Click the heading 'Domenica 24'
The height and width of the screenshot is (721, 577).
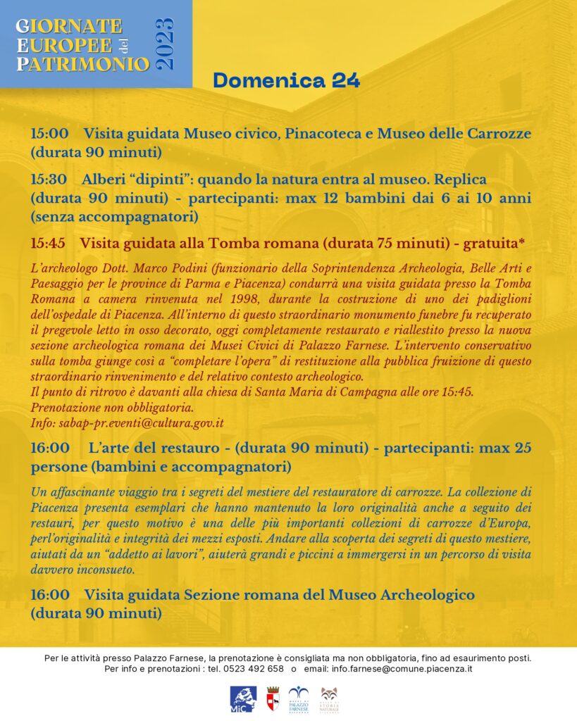pyautogui.click(x=286, y=80)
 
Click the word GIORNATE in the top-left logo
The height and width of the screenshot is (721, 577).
pyautogui.click(x=69, y=27)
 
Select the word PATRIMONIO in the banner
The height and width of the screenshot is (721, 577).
pyautogui.click(x=83, y=64)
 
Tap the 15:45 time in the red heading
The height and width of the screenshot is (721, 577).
pyautogui.click(x=48, y=243)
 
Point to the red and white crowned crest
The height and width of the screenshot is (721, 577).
pyautogui.click(x=272, y=698)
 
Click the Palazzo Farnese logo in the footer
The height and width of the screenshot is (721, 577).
pyautogui.click(x=299, y=698)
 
